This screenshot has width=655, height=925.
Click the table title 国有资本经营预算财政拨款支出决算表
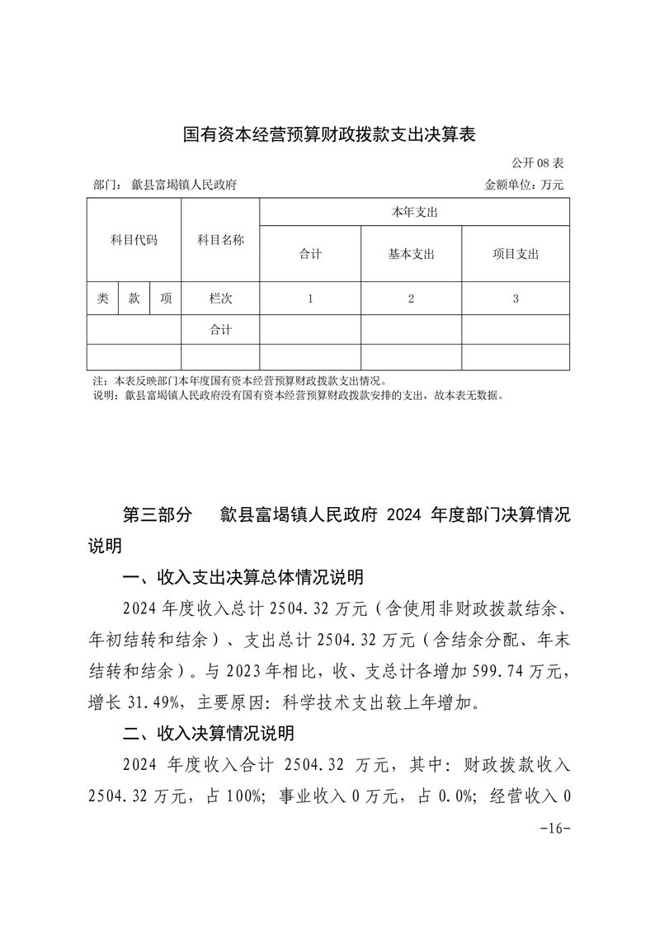(x=329, y=134)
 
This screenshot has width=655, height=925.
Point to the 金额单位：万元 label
(x=524, y=185)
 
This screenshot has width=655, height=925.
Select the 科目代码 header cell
(x=134, y=240)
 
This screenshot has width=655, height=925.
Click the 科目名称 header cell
(x=220, y=240)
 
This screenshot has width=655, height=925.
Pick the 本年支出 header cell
(x=414, y=213)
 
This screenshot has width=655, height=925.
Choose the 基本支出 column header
(x=411, y=254)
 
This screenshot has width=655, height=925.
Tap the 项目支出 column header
(x=515, y=254)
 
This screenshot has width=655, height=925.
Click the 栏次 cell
(x=220, y=298)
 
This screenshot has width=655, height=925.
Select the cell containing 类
(x=102, y=298)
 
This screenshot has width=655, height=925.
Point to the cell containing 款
(x=134, y=298)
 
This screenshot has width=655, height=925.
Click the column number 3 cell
(x=515, y=299)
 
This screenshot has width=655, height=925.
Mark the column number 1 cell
(x=310, y=299)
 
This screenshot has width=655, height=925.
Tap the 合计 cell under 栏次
(x=220, y=329)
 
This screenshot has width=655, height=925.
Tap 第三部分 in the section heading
(x=157, y=515)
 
